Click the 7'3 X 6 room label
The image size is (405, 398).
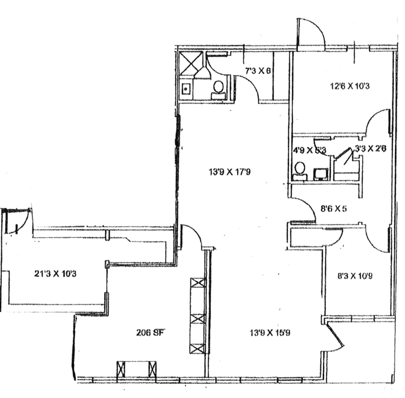[258, 70]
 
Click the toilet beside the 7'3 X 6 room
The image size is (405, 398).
[218, 90]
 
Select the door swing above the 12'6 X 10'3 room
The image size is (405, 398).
[309, 33]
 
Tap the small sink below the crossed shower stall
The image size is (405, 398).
[187, 89]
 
